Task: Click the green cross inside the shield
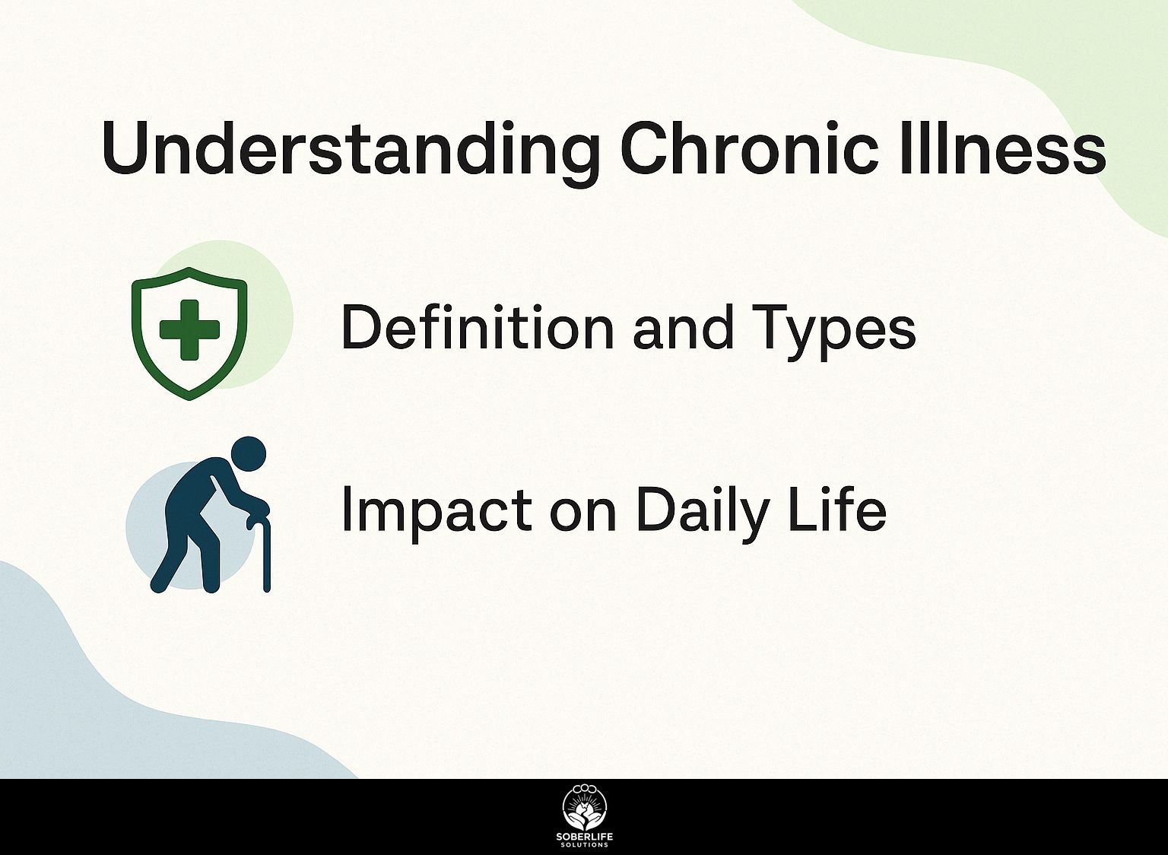[x=189, y=329]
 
